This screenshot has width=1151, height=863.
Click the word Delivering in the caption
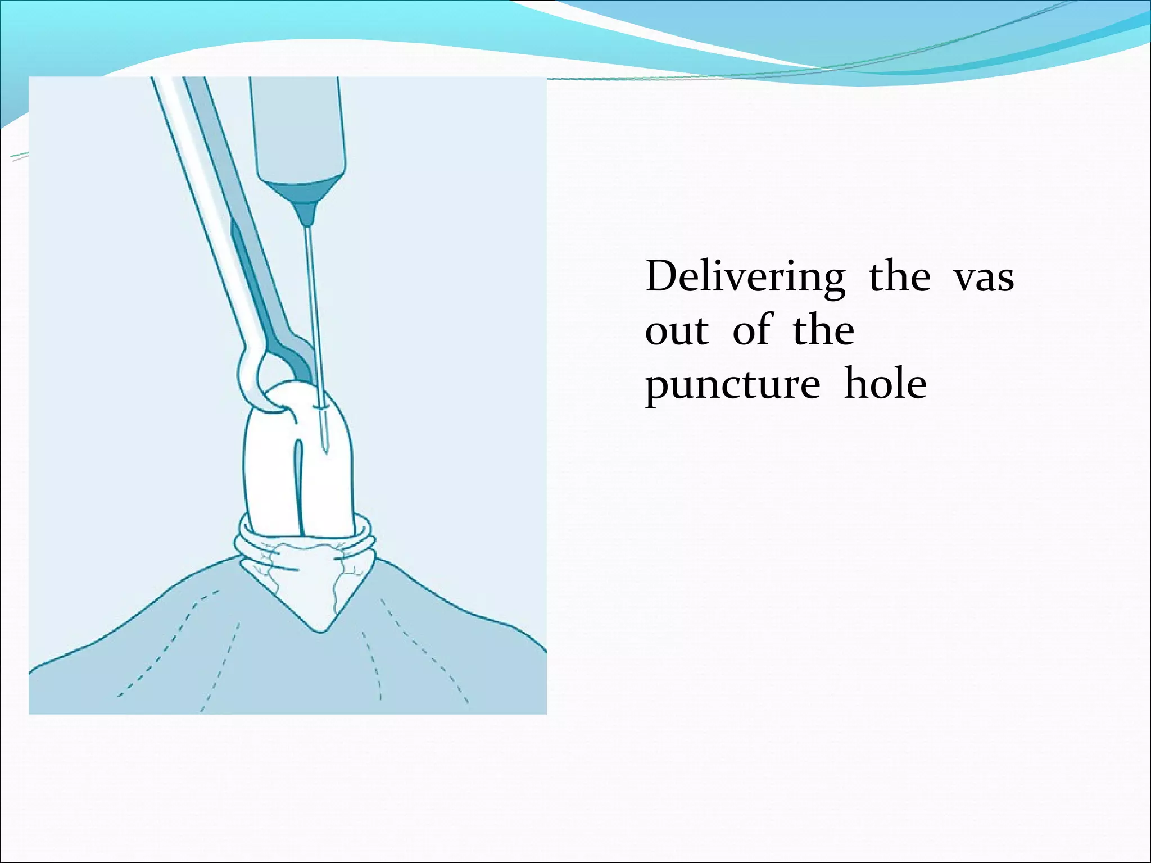pyautogui.click(x=745, y=278)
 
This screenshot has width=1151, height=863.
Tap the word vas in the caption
pyautogui.click(x=984, y=278)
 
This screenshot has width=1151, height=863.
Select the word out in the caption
pyautogui.click(x=677, y=331)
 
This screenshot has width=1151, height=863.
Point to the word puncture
pyautogui.click(x=732, y=385)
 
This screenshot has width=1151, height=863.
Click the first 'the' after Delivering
pyautogui.click(x=899, y=278)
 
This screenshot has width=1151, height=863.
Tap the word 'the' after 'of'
pyautogui.click(x=823, y=331)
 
